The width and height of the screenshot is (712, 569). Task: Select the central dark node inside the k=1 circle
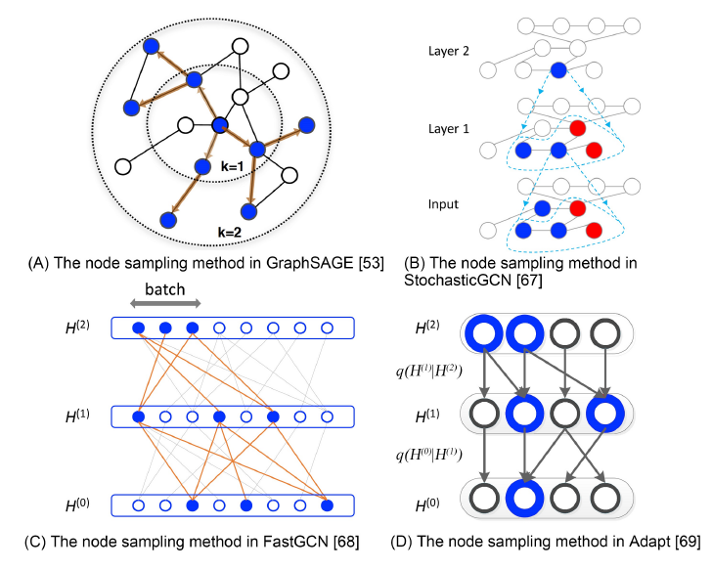pyautogui.click(x=220, y=124)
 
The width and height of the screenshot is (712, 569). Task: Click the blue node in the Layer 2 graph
pyautogui.click(x=557, y=69)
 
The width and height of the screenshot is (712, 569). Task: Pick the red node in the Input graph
pyautogui.click(x=576, y=208)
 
